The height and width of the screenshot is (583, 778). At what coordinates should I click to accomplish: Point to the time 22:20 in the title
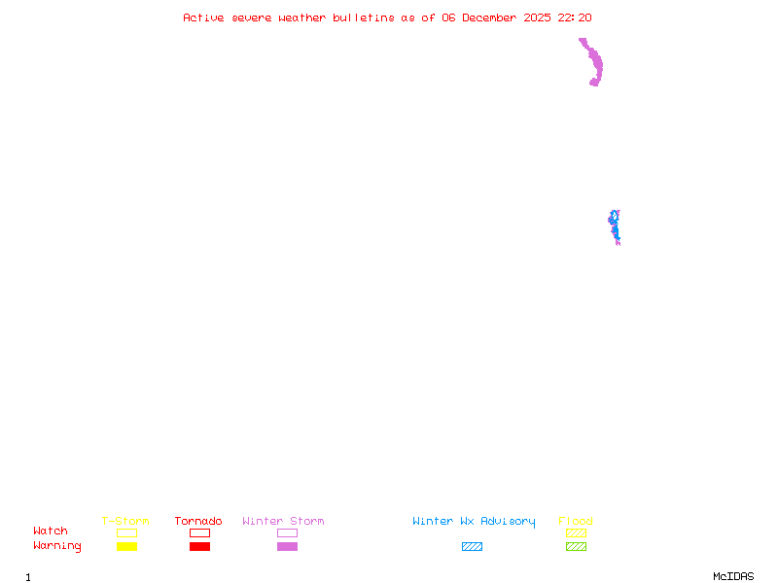click(x=575, y=17)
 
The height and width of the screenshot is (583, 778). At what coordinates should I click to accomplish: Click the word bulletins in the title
click(x=364, y=17)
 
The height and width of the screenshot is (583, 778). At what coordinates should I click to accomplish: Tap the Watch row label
click(x=51, y=532)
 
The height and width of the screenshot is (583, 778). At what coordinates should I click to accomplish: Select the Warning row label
click(x=57, y=546)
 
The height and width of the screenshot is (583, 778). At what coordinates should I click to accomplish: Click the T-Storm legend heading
click(x=125, y=521)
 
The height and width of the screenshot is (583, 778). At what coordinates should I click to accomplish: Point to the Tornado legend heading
click(x=198, y=521)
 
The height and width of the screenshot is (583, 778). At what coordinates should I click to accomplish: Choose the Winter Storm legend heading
click(x=283, y=521)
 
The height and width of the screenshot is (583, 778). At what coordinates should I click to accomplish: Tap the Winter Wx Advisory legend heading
click(x=474, y=521)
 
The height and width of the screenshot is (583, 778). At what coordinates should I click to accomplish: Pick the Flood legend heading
click(x=576, y=521)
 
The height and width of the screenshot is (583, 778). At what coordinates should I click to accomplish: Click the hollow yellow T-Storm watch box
click(x=126, y=532)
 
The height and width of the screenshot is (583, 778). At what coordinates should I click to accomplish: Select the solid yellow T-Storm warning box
click(x=126, y=547)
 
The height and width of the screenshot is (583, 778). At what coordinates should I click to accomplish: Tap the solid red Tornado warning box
click(x=199, y=547)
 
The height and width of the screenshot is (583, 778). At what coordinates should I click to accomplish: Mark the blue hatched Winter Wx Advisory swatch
click(x=472, y=547)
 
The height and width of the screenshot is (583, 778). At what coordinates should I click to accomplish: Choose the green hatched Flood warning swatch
click(x=576, y=547)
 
